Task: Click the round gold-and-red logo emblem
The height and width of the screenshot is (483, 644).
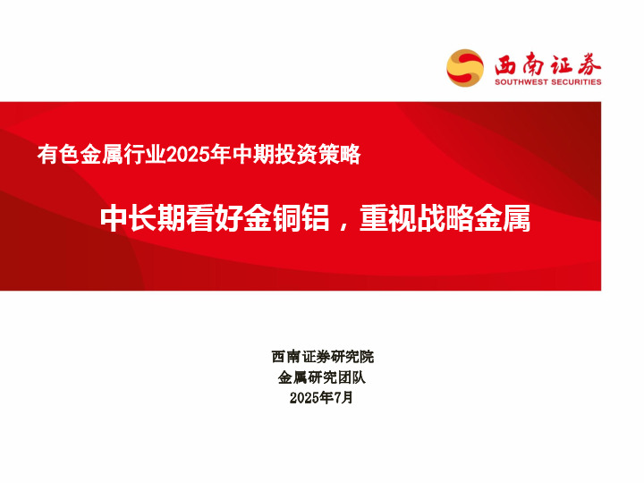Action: pyautogui.click(x=465, y=68)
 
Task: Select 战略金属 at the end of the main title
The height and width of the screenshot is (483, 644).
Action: pyautogui.click(x=473, y=219)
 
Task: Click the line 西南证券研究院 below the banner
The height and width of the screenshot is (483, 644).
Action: pyautogui.click(x=322, y=357)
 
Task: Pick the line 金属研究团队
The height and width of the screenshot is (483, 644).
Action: pyautogui.click(x=322, y=377)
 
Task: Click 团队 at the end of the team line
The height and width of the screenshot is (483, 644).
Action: pyautogui.click(x=352, y=377)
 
